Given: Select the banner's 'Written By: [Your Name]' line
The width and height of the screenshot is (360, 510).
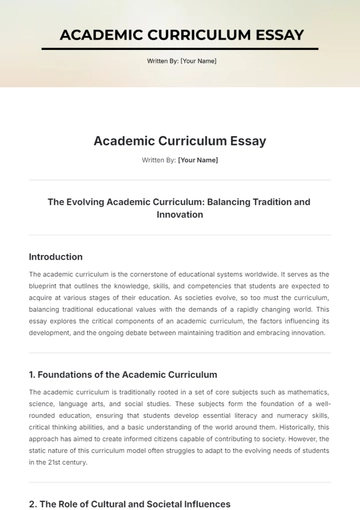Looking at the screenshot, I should [180, 61].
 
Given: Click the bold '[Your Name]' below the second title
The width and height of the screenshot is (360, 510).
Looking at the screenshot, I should [198, 160].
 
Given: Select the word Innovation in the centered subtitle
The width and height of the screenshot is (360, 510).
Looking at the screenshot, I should [180, 215].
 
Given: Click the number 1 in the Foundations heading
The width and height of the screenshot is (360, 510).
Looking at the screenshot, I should [32, 373].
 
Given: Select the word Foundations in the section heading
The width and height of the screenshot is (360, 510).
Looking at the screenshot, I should [70, 373].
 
